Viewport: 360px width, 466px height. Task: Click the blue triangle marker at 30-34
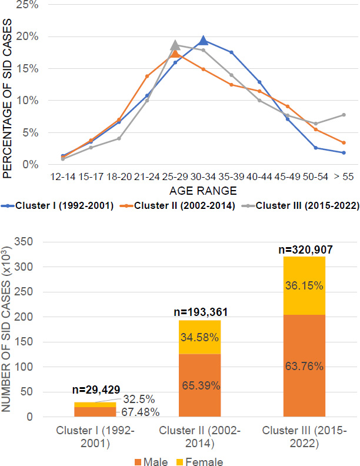coord(203,40)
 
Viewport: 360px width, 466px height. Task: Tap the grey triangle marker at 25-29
coord(175,45)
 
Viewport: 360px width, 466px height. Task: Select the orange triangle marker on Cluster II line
coord(175,54)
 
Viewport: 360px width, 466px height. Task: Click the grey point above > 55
coord(343,115)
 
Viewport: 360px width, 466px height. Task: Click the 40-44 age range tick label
coord(259,177)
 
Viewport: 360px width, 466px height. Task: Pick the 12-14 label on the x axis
coord(63,177)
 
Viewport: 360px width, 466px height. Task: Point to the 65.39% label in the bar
coord(199,385)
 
